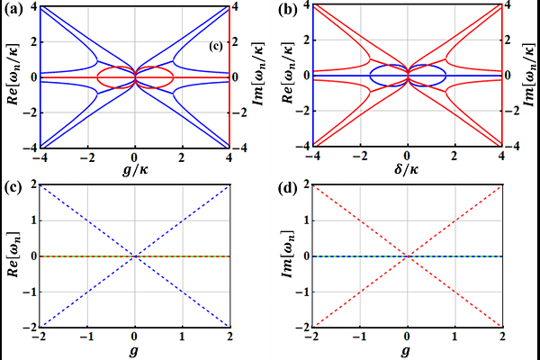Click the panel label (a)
click(13, 10)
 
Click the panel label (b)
click(287, 10)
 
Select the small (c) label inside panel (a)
click(216, 46)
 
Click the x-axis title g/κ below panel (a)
click(135, 169)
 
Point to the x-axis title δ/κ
click(408, 168)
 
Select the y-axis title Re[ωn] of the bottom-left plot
click(13, 255)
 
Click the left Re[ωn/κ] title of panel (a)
click(13, 74)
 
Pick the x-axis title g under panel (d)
click(407, 351)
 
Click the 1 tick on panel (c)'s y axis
click(33, 220)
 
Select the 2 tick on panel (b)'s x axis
click(454, 156)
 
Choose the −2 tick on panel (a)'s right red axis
click(239, 112)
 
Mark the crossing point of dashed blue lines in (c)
click(135, 256)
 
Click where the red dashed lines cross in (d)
click(408, 256)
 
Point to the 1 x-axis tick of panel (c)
click(183, 337)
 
